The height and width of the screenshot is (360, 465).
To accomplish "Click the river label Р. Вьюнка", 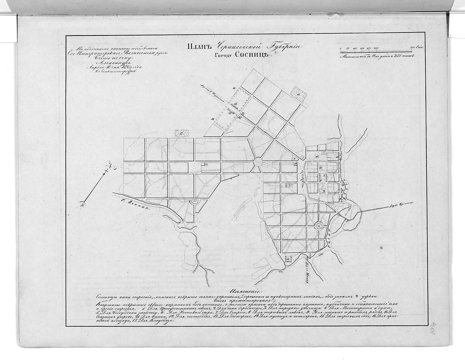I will click(131, 202).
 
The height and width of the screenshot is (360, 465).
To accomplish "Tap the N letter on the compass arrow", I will click(109, 165).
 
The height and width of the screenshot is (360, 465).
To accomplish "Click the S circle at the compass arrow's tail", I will click(82, 205).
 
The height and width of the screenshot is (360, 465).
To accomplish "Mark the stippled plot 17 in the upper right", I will click(299, 93).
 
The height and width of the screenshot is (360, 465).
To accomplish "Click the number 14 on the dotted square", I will click(236, 104).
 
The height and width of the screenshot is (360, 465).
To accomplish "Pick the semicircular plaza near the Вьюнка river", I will click(194, 202).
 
